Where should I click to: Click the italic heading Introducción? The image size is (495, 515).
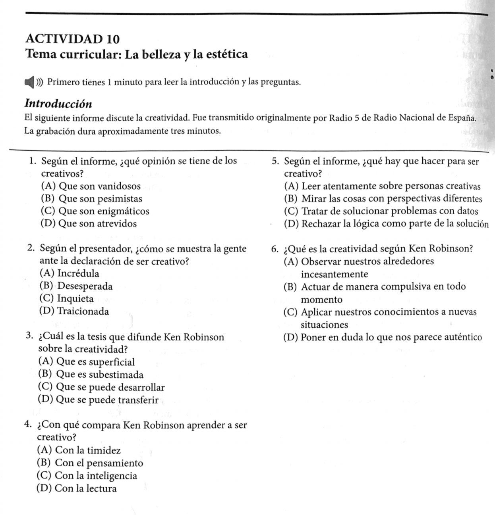coord(58,104)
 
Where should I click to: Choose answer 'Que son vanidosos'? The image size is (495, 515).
coord(91,186)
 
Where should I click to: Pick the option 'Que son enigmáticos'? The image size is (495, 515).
coord(95,211)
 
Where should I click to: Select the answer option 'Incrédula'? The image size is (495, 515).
coord(70,273)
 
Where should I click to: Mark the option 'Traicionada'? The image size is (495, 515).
coord(74,311)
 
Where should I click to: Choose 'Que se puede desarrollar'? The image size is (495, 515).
coord(101,387)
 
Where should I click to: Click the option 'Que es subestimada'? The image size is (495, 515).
coord(91,375)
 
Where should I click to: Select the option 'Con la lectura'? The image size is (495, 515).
coord(77,488)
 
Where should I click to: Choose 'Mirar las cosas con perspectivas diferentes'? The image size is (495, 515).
coord(383,198)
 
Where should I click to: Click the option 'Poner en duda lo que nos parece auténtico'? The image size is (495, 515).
coord(383,337)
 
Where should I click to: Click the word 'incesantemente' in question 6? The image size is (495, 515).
coord(335,274)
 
